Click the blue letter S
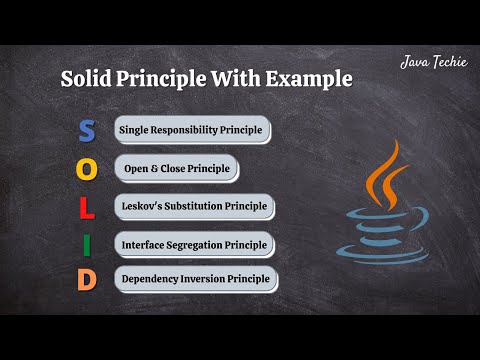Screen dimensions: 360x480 click(87, 131)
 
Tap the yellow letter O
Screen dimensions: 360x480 click(87, 168)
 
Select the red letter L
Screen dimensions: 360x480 click(87, 206)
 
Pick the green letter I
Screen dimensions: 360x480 click(87, 243)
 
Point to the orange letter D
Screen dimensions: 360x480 click(87, 280)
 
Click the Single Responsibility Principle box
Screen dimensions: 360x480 click(191, 130)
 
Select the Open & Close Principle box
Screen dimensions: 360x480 click(175, 168)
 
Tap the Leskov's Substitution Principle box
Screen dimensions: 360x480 click(193, 206)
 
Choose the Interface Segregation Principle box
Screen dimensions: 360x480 click(193, 243)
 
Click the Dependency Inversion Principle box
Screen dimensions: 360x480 click(195, 279)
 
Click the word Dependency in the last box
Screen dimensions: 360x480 click(151, 279)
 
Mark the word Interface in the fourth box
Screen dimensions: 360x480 click(143, 243)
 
